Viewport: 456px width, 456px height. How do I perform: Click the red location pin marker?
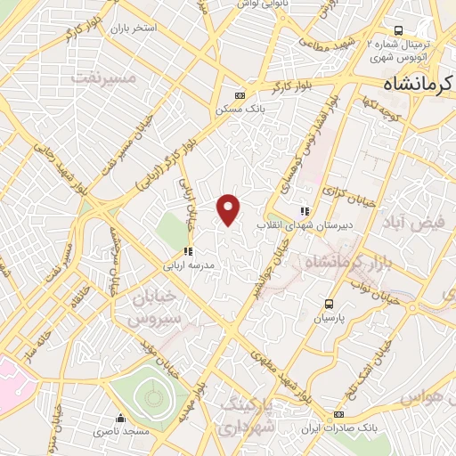coord(230,208)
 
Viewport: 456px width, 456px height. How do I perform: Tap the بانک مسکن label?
coord(238,110)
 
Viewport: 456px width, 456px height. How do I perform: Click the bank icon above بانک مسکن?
coord(239,95)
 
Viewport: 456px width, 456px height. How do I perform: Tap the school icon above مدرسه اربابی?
coord(188,251)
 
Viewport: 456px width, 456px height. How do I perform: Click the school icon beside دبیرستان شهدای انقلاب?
coord(304,211)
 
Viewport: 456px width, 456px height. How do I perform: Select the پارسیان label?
coord(329,317)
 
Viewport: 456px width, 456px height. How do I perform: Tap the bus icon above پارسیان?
coord(330,304)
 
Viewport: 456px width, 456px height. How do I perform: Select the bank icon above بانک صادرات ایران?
coord(338,415)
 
